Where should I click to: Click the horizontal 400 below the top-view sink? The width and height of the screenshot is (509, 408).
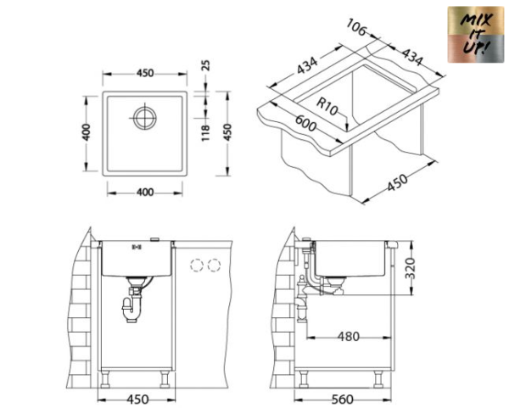pos(145,192)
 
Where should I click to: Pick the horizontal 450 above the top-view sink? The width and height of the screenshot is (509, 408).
pos(145,72)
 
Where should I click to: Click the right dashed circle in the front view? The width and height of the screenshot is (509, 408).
pos(215,265)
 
